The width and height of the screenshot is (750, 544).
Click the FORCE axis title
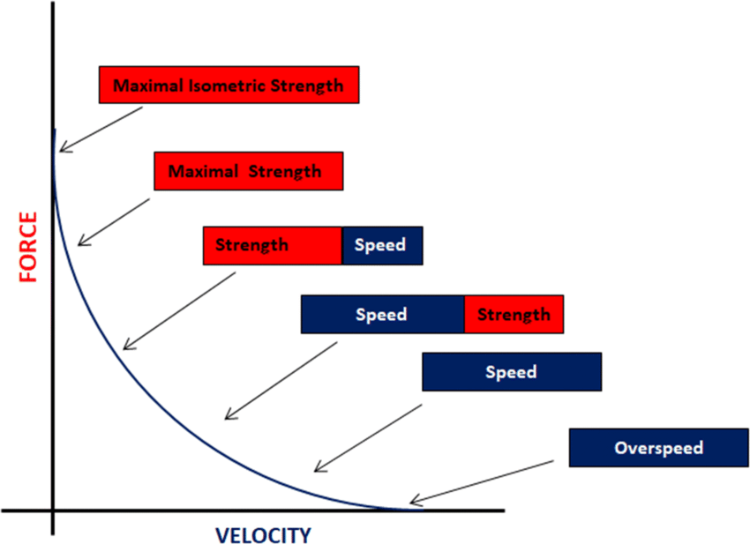27,247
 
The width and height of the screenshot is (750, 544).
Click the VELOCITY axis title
263,535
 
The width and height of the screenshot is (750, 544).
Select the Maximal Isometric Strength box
229,85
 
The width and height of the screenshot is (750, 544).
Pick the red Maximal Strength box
249,171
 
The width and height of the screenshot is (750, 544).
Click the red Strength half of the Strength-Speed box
273,246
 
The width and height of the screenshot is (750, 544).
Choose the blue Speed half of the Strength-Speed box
383,246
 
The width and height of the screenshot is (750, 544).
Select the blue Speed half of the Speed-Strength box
383,314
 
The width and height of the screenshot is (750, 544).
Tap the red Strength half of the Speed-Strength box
514,314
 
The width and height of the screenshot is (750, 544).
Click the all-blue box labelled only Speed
512,372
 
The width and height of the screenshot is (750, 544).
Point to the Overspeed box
658,447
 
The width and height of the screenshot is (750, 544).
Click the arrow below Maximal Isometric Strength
101,130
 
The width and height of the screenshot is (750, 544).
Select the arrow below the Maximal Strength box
114,222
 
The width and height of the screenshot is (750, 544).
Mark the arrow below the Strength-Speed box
179,310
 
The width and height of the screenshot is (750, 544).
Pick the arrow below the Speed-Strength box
281,381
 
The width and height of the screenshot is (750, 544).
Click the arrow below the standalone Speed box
368,438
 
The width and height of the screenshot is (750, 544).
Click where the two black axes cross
53,510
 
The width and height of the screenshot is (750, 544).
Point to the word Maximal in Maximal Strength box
203,171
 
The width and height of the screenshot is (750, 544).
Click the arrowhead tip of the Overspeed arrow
410,503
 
